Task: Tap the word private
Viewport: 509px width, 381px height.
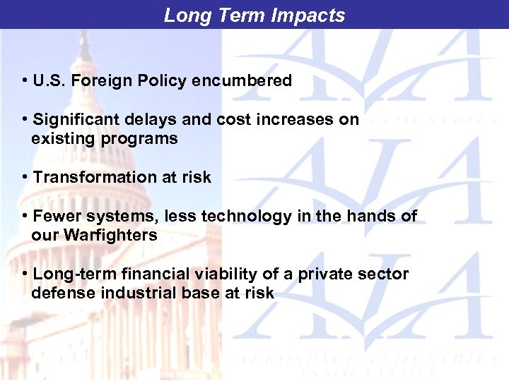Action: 300,274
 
